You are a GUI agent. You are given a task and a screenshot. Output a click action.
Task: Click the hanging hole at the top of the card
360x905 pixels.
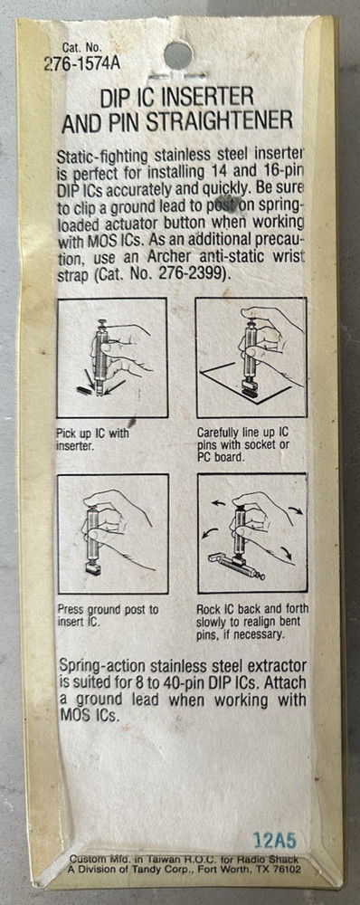(x=177, y=55)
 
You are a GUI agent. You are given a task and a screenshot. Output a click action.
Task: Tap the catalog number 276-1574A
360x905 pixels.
(x=81, y=63)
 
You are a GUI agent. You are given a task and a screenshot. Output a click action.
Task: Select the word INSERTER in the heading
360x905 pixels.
(x=206, y=98)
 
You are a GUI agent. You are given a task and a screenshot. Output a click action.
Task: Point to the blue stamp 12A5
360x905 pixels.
(x=278, y=838)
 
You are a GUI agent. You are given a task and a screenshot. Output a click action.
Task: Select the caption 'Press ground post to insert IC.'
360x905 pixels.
(x=108, y=614)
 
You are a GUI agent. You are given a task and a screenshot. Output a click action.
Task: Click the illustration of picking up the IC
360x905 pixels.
(x=112, y=357)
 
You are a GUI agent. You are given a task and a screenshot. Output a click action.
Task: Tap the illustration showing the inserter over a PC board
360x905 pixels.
(x=251, y=357)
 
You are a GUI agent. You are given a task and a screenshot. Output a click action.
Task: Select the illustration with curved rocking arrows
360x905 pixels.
(x=252, y=533)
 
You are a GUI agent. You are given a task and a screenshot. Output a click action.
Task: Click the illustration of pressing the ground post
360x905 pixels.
(x=113, y=533)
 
